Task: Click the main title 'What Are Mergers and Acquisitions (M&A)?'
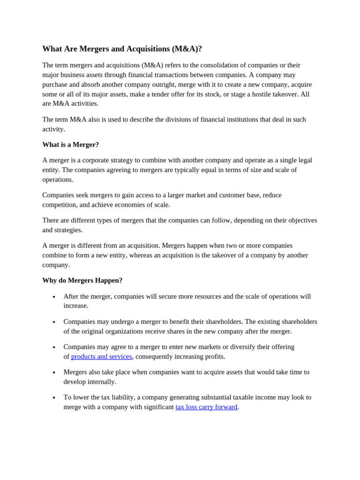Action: (122, 49)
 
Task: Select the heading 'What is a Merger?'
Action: (70, 144)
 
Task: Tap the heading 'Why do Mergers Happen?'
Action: (82, 280)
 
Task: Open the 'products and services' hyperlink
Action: (101, 356)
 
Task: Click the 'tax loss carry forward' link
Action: (206, 407)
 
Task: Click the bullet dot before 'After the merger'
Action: (54, 297)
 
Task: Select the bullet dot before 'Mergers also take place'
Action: (54, 373)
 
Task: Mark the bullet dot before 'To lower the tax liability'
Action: (54, 398)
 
